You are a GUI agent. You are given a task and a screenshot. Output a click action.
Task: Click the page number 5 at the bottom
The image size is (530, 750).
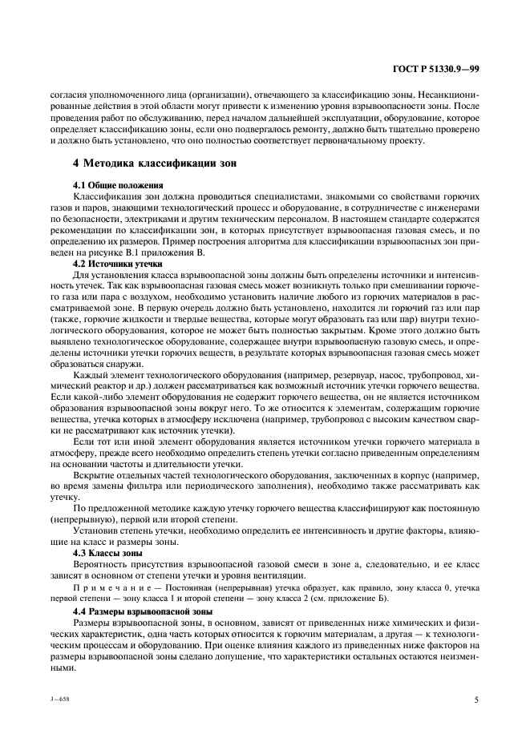475,700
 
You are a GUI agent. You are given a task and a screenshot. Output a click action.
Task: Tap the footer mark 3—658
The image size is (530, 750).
63,700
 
